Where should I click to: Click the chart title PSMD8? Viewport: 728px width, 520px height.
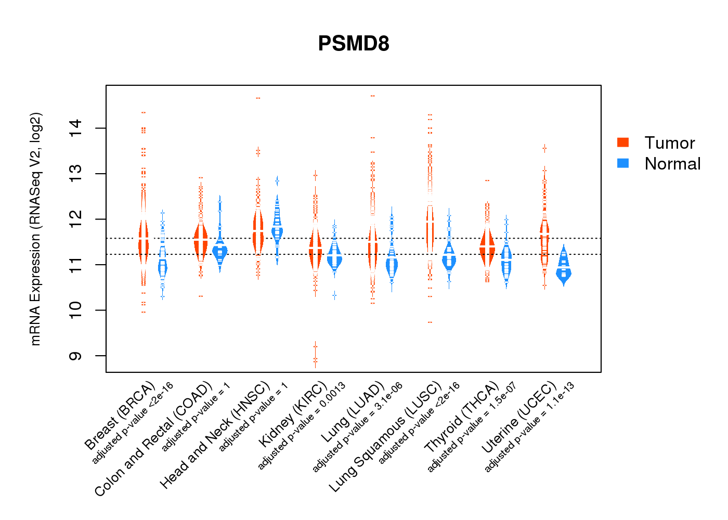[354, 44]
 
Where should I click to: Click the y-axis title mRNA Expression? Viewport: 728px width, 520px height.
[35, 229]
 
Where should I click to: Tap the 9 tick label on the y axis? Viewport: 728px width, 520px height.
[75, 356]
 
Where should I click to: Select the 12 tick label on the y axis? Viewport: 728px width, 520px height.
[75, 219]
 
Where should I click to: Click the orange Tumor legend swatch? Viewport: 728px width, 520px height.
[623, 142]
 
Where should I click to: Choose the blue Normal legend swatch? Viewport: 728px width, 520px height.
[623, 163]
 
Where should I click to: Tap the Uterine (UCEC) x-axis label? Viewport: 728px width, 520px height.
[519, 417]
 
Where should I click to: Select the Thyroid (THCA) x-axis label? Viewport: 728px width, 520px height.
[462, 417]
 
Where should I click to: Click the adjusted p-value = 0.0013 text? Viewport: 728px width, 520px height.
[302, 426]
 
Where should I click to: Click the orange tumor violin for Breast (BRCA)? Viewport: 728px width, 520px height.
[144, 242]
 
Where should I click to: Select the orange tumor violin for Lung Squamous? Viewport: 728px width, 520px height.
[430, 229]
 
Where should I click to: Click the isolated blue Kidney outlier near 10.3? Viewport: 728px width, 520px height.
[334, 295]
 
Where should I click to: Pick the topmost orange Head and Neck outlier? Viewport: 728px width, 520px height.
[258, 98]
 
